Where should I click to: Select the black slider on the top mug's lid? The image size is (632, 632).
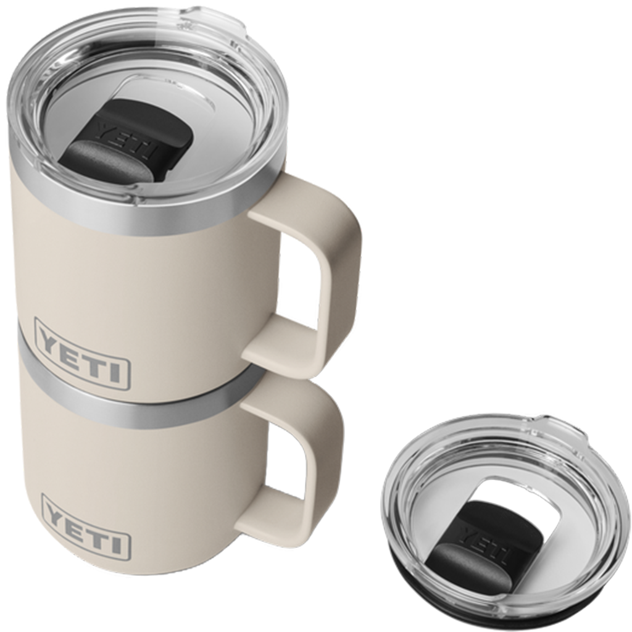tap(127, 142)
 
